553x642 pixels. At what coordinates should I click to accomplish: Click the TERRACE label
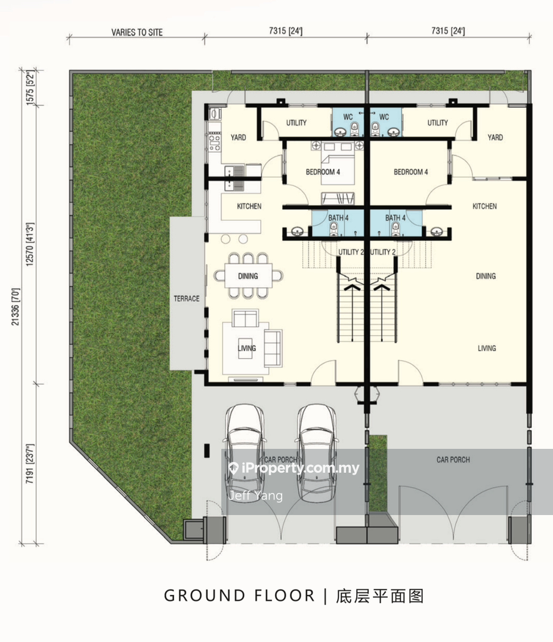click(186, 299)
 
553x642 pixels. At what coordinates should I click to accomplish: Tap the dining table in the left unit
click(248, 276)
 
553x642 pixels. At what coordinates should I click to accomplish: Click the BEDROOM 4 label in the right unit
click(411, 172)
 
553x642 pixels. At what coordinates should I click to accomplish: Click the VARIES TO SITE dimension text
click(137, 32)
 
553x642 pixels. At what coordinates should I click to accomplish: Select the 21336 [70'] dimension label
click(16, 306)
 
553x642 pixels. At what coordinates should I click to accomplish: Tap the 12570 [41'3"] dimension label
click(30, 244)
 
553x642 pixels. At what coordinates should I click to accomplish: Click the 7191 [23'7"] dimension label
click(30, 464)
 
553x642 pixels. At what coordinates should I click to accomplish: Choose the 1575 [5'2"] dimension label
click(30, 88)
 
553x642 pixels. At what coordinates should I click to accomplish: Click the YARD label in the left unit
click(239, 138)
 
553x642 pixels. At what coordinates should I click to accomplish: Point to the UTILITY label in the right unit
click(437, 123)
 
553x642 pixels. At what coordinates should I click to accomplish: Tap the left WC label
click(348, 117)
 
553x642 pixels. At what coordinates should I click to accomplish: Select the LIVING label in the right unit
click(487, 349)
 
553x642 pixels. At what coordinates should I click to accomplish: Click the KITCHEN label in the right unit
click(484, 206)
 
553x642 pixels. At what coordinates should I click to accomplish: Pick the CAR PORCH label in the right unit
click(453, 460)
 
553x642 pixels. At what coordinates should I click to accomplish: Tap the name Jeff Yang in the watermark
click(255, 496)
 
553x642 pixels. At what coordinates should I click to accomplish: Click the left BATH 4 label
click(338, 218)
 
